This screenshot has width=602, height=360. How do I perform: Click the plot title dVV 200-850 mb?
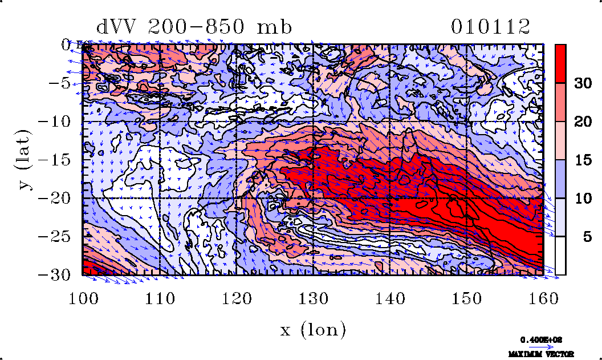click(194, 27)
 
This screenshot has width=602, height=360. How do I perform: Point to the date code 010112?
click(490, 27)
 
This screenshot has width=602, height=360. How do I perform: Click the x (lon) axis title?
click(313, 330)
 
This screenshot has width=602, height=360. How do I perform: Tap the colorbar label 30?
click(581, 83)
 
